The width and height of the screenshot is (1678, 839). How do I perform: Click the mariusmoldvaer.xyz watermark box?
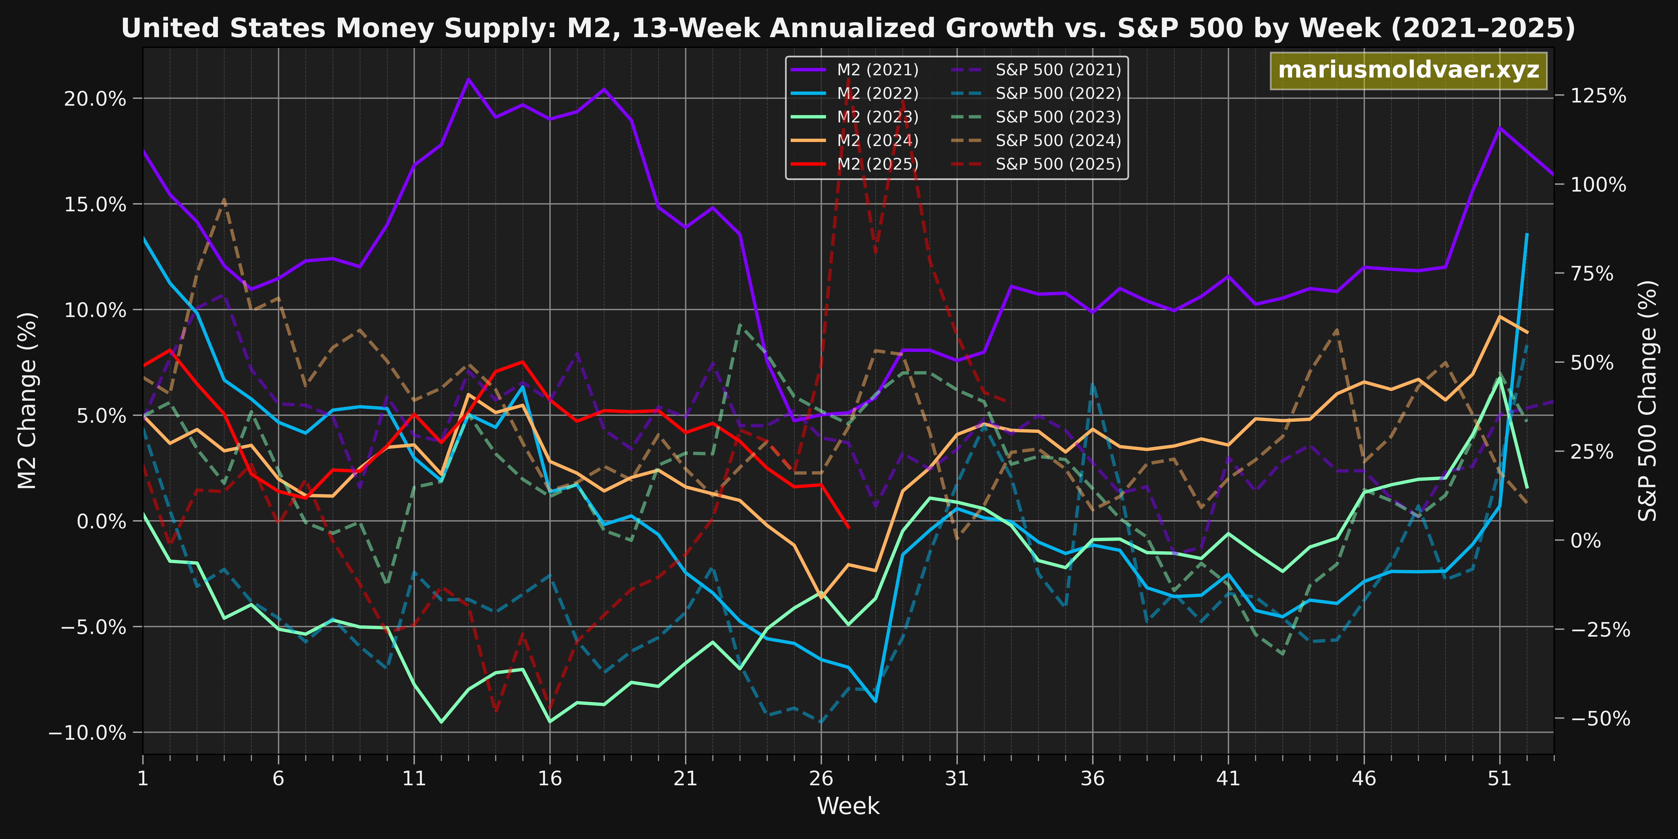(1408, 70)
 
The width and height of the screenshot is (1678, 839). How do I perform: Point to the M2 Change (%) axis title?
(27, 401)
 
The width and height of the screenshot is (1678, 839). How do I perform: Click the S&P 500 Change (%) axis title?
(1648, 401)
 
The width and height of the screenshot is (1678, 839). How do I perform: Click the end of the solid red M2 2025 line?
(848, 528)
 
